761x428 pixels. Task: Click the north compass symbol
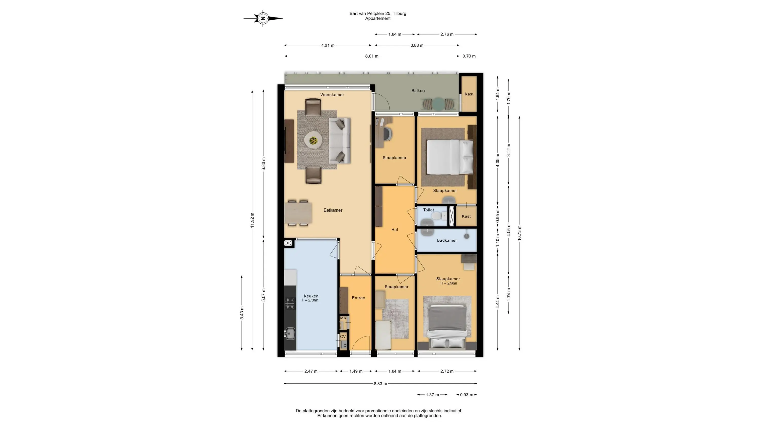tap(263, 18)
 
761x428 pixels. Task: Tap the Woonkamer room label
tap(332, 95)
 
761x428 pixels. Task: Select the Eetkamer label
tap(333, 210)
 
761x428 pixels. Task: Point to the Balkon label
tap(418, 91)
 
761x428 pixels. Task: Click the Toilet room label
tap(429, 210)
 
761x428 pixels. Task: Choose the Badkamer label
tap(447, 240)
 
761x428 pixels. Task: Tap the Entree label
tap(358, 298)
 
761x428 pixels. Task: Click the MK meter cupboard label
tap(343, 318)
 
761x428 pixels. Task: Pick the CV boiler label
tap(343, 336)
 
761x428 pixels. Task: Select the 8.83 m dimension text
tap(380, 384)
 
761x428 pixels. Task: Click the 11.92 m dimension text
tap(252, 220)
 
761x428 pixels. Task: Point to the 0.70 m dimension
tap(469, 56)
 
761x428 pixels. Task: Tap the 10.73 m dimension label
tap(519, 233)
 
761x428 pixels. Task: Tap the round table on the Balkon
tap(438, 104)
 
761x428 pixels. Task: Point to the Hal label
tap(395, 229)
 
